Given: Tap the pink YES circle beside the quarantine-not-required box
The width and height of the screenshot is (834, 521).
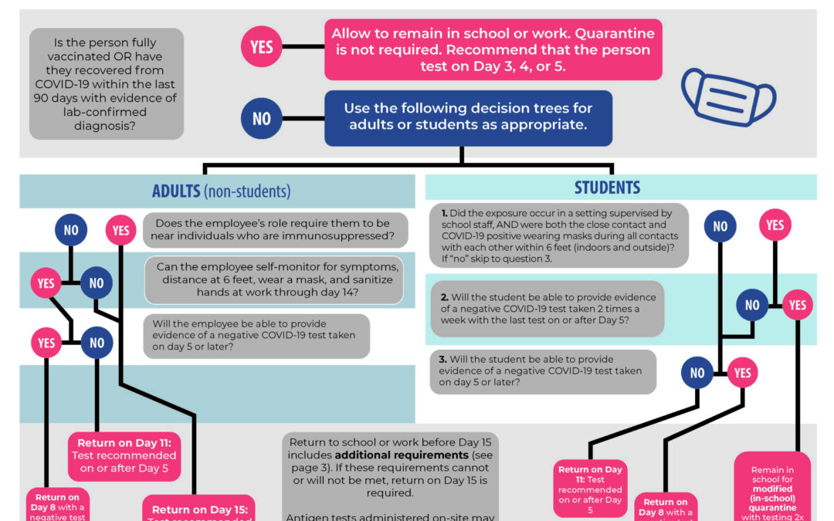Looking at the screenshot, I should (x=262, y=47).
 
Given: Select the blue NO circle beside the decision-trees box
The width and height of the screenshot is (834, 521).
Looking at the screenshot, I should (x=262, y=118).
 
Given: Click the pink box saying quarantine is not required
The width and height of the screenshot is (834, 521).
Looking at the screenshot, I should (x=493, y=49).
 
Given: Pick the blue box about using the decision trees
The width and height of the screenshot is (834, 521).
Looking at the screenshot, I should (x=469, y=118).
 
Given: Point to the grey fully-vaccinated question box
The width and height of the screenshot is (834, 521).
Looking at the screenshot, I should (x=107, y=83).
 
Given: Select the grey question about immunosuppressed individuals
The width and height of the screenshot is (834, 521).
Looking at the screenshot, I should (x=275, y=230).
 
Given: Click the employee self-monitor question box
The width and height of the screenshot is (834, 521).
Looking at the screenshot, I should (x=274, y=279).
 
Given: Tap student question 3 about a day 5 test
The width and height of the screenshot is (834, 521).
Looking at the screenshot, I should (x=542, y=371).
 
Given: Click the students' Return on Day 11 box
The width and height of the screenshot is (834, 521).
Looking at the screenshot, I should (x=590, y=489).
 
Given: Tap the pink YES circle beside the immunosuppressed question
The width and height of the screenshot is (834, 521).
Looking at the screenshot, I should (x=120, y=230).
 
